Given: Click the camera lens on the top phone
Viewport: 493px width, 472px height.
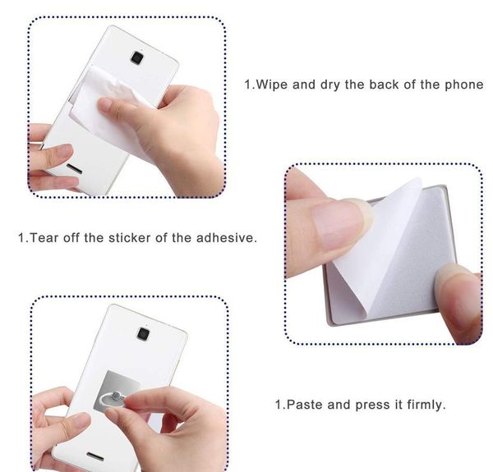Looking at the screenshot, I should point(137,57).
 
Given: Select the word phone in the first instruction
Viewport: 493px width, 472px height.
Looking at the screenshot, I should point(464,85).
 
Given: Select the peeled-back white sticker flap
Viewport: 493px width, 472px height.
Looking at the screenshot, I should point(382,246).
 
